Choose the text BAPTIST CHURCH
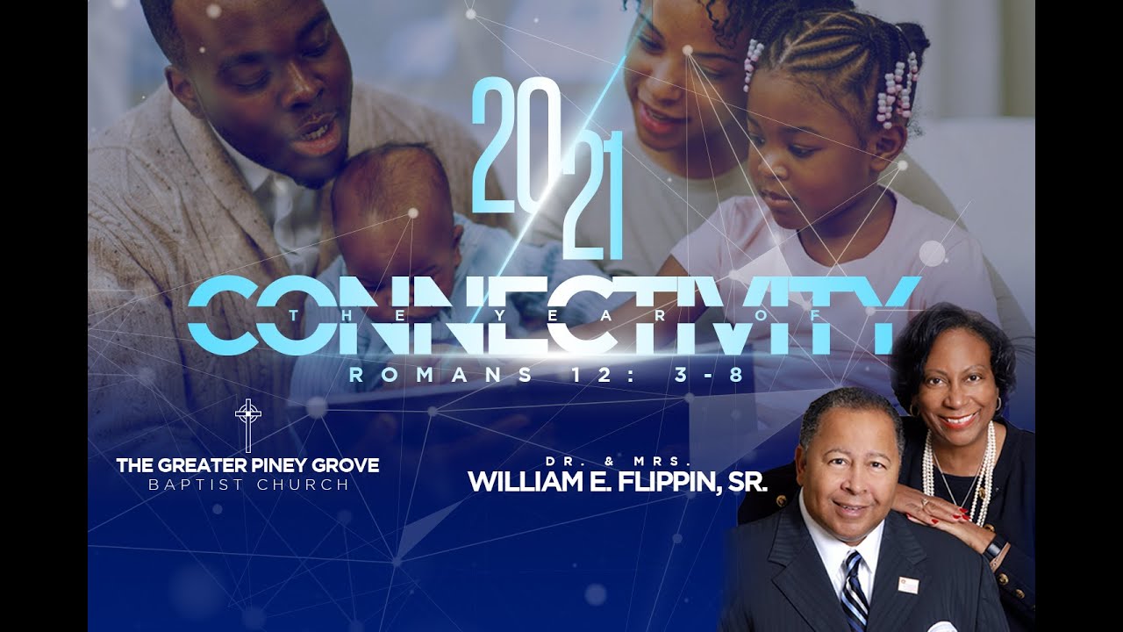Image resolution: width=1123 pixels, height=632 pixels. click(x=247, y=485)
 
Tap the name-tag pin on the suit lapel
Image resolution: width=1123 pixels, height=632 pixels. click(x=908, y=585)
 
